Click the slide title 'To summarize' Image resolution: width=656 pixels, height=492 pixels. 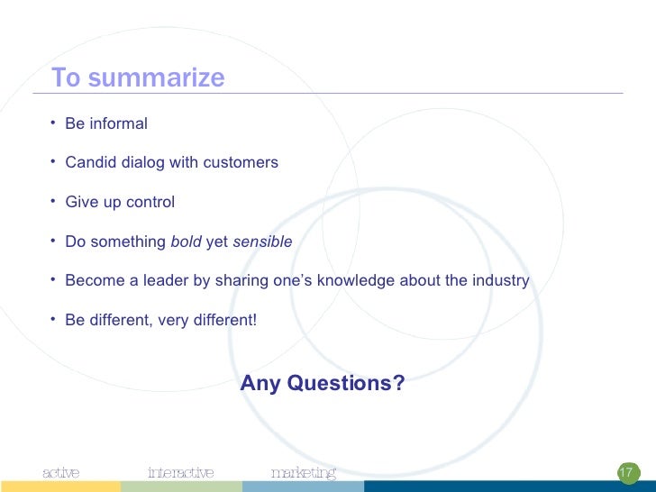click(138, 78)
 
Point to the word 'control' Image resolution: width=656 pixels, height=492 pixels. click(150, 203)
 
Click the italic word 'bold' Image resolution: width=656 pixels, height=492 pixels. click(186, 242)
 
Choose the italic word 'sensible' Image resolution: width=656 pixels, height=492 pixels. click(262, 242)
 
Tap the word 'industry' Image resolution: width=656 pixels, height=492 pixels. click(501, 281)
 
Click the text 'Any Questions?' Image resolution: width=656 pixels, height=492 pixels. click(323, 384)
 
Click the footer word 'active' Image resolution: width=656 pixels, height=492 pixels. click(61, 473)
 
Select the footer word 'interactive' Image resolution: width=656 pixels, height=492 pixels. click(180, 473)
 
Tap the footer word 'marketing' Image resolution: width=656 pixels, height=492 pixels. click(303, 473)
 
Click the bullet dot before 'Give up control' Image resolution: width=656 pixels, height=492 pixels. click(54, 201)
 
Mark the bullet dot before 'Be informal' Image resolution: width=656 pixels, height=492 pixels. click(54, 122)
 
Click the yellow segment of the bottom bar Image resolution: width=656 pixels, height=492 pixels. click(59, 487)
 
